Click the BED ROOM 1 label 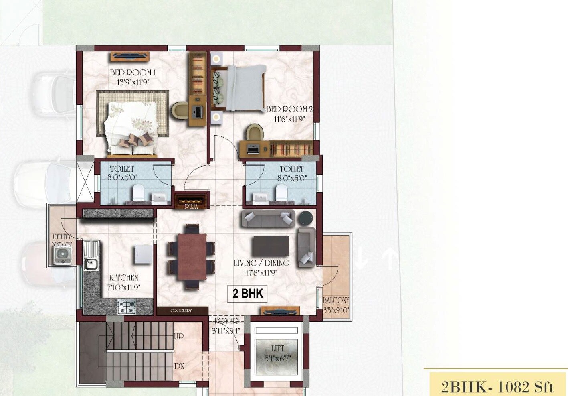point(133,73)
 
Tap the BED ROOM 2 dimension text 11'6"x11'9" point(289,119)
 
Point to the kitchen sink point(91,264)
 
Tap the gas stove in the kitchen point(127,307)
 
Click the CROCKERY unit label point(182,311)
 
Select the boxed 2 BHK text point(247,293)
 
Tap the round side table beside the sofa point(306,218)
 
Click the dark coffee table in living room point(271,246)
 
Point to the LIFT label point(277,348)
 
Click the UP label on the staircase point(179,336)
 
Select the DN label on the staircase point(179,366)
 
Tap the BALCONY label point(336,300)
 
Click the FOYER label point(226,321)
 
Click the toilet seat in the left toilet point(138,193)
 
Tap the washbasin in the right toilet point(261,197)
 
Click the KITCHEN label point(124,278)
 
